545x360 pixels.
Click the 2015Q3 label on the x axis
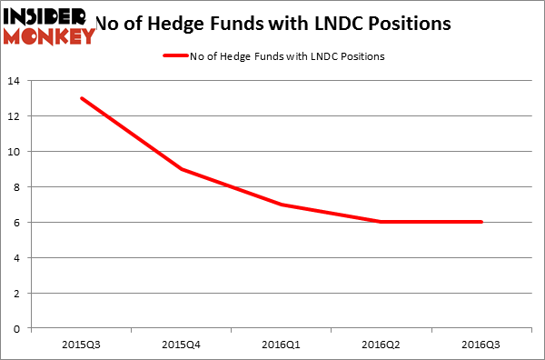(83, 346)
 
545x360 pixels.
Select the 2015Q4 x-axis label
(182, 346)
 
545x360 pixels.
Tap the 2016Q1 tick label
(282, 346)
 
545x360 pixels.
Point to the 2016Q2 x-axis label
(381, 346)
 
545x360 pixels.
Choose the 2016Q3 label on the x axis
(481, 346)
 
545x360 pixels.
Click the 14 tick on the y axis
(16, 81)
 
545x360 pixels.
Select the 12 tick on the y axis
(16, 116)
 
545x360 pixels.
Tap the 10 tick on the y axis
(16, 152)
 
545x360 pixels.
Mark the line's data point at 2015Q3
(83, 98)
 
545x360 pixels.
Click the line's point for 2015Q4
(182, 169)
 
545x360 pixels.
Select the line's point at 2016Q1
(282, 205)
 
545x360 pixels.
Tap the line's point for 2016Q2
(381, 222)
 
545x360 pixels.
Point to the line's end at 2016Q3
(481, 222)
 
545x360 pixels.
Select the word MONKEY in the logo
(50, 36)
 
